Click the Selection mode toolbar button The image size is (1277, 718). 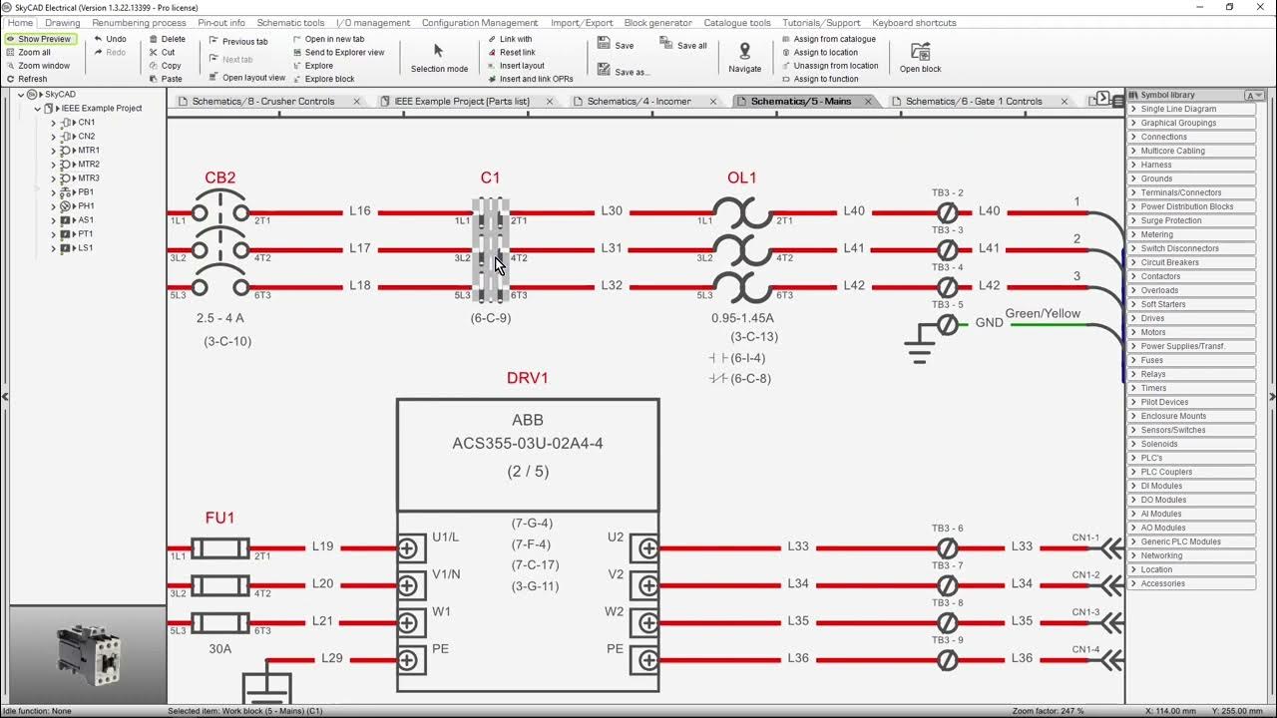(x=439, y=58)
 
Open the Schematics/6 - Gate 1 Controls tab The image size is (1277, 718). (x=973, y=102)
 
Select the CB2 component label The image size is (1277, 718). (x=220, y=179)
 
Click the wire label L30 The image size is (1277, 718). (x=612, y=211)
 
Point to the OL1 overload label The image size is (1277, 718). (x=741, y=179)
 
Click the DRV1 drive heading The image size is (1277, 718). (x=527, y=379)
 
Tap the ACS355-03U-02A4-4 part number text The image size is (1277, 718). (x=527, y=444)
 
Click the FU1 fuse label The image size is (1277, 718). (x=219, y=519)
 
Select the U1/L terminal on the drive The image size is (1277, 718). (x=445, y=538)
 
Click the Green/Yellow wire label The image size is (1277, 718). (x=1043, y=314)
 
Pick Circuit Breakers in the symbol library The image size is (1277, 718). (x=1169, y=262)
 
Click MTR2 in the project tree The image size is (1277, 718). (x=89, y=165)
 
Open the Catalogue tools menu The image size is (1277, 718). (x=736, y=23)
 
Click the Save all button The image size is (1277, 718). (x=683, y=45)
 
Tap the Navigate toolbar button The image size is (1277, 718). (x=744, y=58)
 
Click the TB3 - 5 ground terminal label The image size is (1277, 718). (x=947, y=305)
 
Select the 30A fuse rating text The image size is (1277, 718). (x=219, y=648)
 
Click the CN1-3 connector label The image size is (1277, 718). (x=1085, y=612)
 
